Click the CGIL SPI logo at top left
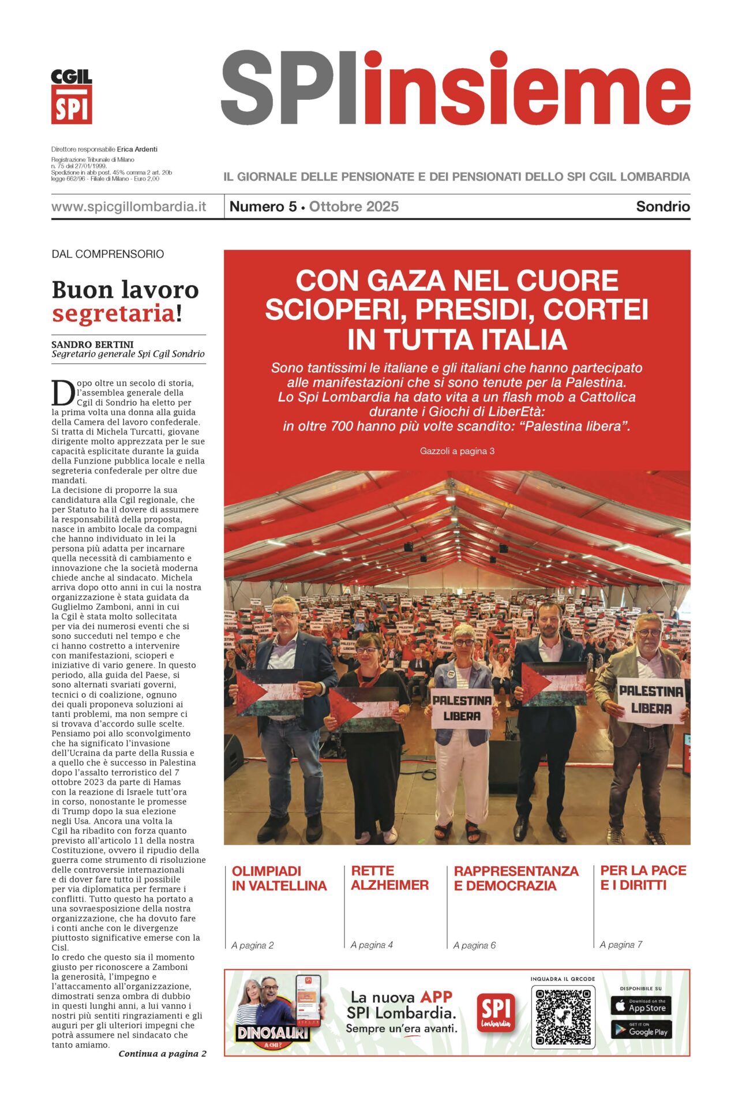coord(72,96)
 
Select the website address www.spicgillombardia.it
coord(129,207)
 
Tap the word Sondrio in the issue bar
coord(662,207)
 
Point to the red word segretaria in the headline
coord(113,314)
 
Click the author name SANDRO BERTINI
coord(92,345)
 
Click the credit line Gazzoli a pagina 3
coord(457,451)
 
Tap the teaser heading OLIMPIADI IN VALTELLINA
coord(279,878)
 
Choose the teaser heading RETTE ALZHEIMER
coord(389,878)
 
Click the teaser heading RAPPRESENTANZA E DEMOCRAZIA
coord(516,878)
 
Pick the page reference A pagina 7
coord(621,945)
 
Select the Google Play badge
coord(641,1030)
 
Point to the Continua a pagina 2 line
coord(162,1054)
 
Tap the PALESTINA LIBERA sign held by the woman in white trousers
coord(462,708)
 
